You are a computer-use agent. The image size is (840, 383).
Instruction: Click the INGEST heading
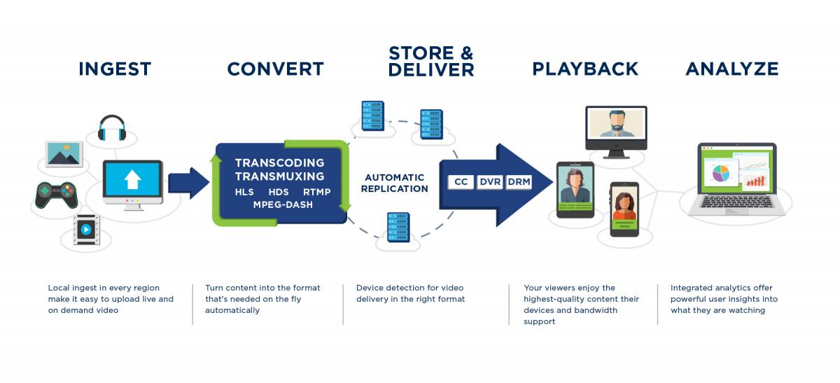pos(115,69)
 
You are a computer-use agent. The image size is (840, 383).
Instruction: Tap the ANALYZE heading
pos(732,69)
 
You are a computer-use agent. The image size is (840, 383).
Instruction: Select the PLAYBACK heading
pos(585,69)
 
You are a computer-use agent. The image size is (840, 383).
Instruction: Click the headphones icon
pos(112,128)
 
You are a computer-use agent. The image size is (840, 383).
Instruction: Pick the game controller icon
pos(56,195)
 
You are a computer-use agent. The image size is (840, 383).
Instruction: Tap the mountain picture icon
pos(64,154)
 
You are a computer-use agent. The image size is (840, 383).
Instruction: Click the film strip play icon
pos(86,229)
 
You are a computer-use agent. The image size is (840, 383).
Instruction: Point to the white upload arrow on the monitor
pos(132,179)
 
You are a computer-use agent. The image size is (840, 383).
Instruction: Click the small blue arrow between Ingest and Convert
pos(188,183)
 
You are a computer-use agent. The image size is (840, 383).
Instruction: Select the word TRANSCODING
pos(280,163)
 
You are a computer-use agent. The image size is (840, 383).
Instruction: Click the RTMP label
pos(317,192)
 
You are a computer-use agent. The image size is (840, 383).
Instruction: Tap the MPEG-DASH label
pos(283,205)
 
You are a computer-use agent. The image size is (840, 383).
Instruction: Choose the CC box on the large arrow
pos(461,182)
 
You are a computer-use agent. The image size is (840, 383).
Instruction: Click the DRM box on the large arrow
pos(519,182)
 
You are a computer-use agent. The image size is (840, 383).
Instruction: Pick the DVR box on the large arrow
pos(490,182)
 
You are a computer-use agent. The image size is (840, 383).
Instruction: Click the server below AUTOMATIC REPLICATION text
pos(398,228)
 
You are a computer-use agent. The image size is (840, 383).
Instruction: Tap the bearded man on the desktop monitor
pos(617,123)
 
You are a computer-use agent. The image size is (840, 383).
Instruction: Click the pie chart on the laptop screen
pos(721,174)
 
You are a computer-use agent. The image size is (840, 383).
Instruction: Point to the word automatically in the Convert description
pos(232,311)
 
